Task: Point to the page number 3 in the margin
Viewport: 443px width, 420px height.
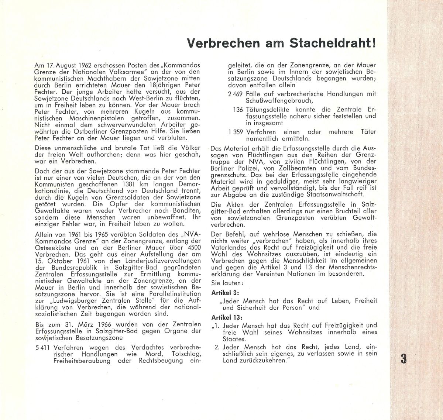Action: [403, 359]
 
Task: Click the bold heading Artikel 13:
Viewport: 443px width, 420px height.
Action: [227, 317]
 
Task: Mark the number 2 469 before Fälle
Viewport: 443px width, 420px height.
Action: [235, 94]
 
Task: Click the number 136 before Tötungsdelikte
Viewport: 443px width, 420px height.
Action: [238, 110]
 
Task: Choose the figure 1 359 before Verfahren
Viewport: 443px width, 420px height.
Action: [235, 132]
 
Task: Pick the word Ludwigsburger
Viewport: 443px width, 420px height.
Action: [70, 301]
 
